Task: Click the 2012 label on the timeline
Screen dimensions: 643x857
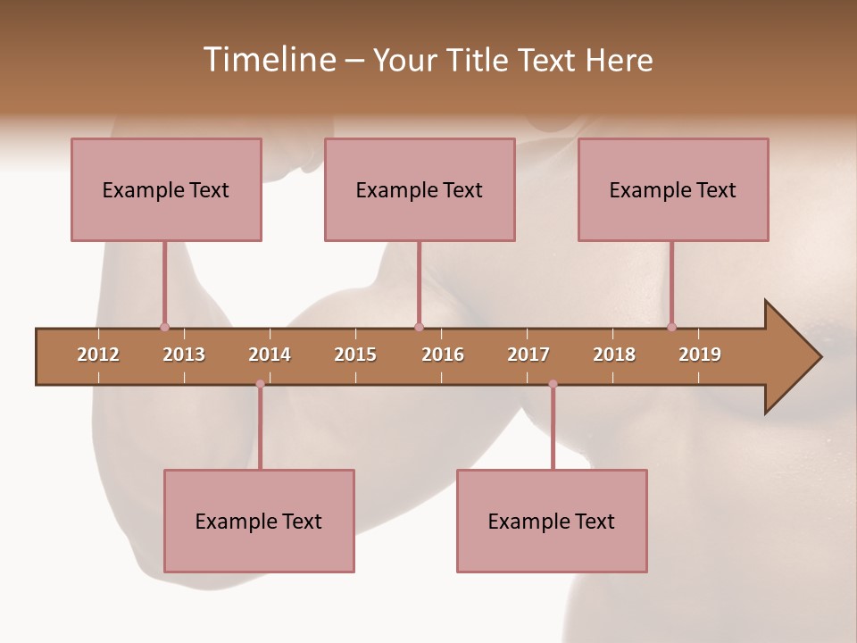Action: tap(98, 355)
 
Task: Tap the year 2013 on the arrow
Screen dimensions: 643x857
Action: tap(184, 355)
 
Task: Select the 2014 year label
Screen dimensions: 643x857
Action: tap(270, 355)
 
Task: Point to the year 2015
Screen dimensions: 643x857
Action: tap(355, 355)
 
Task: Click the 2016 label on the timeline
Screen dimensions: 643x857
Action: tap(443, 355)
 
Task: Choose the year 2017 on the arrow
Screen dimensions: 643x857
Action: tap(528, 355)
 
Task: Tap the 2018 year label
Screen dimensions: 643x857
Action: tap(614, 355)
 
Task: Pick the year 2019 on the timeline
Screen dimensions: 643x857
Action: tap(700, 355)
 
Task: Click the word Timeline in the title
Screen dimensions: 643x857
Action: tap(267, 60)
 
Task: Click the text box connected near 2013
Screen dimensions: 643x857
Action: tap(166, 189)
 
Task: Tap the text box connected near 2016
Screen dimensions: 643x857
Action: tap(420, 189)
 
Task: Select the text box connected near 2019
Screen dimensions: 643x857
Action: tap(673, 189)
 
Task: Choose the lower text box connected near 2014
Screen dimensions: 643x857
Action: tap(259, 521)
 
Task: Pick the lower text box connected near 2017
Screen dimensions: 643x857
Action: tap(552, 521)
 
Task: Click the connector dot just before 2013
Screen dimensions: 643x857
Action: tap(164, 327)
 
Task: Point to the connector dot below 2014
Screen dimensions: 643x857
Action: tap(260, 384)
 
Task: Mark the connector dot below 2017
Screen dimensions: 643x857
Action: tap(553, 384)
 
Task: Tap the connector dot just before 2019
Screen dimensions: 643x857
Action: tap(671, 327)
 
